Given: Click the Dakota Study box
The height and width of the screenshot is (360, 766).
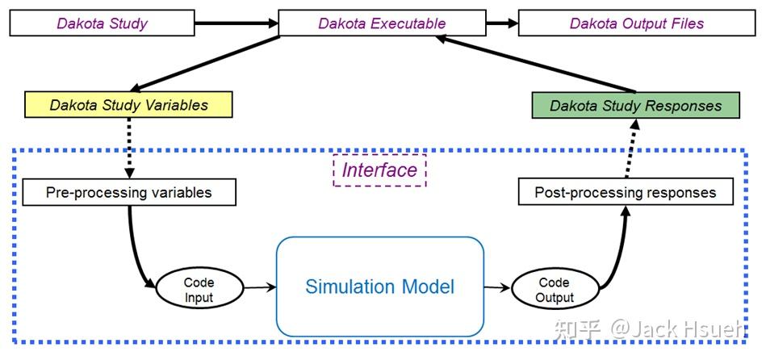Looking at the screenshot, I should pyautogui.click(x=102, y=23).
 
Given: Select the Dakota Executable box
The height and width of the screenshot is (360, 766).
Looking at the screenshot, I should pyautogui.click(x=382, y=23).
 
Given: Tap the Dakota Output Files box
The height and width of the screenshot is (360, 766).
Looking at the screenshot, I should pyautogui.click(x=637, y=23).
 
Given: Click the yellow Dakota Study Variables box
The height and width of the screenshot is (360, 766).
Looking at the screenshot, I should pyautogui.click(x=129, y=105).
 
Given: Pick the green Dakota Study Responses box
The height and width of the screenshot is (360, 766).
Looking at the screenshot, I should pyautogui.click(x=636, y=106).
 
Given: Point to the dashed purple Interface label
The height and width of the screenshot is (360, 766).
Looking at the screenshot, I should pyautogui.click(x=379, y=170).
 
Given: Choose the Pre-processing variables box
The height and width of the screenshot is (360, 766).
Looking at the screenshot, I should pyautogui.click(x=129, y=193).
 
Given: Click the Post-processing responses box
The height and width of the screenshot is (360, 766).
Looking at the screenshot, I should pyautogui.click(x=626, y=193).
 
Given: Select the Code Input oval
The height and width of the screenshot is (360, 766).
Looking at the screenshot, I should pyautogui.click(x=199, y=289).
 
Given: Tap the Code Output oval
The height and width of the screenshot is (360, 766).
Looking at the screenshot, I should pyautogui.click(x=554, y=289).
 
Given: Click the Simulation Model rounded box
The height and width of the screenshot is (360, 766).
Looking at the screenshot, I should pyautogui.click(x=379, y=287).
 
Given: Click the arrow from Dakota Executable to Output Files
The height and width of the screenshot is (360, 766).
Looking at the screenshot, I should pyautogui.click(x=501, y=23).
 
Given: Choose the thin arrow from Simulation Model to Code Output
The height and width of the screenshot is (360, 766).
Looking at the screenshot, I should pyautogui.click(x=497, y=287).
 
